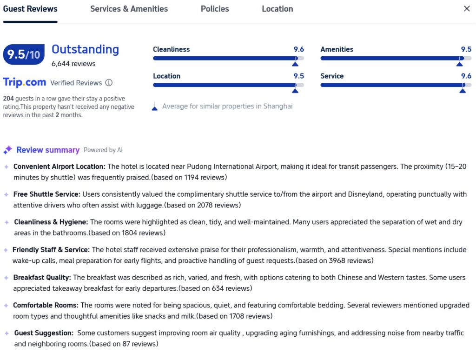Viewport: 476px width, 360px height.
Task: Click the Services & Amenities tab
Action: point(129,9)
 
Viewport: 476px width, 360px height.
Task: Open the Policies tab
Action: point(215,9)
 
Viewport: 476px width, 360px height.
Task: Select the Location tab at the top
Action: point(277,9)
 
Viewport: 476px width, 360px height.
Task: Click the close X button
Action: point(467,9)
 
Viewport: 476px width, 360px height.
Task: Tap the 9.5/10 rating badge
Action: point(24,55)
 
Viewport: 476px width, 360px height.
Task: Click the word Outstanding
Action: point(85,49)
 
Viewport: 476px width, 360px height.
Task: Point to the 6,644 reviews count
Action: point(73,64)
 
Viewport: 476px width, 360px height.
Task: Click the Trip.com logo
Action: point(25,82)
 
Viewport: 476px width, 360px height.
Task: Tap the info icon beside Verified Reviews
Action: point(109,83)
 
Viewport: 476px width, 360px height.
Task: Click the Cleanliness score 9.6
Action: point(298,49)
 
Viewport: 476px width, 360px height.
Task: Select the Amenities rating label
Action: point(337,49)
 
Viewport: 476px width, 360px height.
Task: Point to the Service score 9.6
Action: point(466,76)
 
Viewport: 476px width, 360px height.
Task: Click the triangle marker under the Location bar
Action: point(295,91)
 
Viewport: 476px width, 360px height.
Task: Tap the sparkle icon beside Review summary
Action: point(7,150)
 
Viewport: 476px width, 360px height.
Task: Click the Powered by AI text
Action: point(103,150)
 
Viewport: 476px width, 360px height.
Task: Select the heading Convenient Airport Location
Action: point(59,167)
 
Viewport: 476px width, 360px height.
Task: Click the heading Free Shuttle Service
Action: point(47,194)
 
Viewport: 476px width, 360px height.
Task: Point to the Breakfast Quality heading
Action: point(42,278)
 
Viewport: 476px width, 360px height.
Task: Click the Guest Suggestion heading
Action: point(44,333)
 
